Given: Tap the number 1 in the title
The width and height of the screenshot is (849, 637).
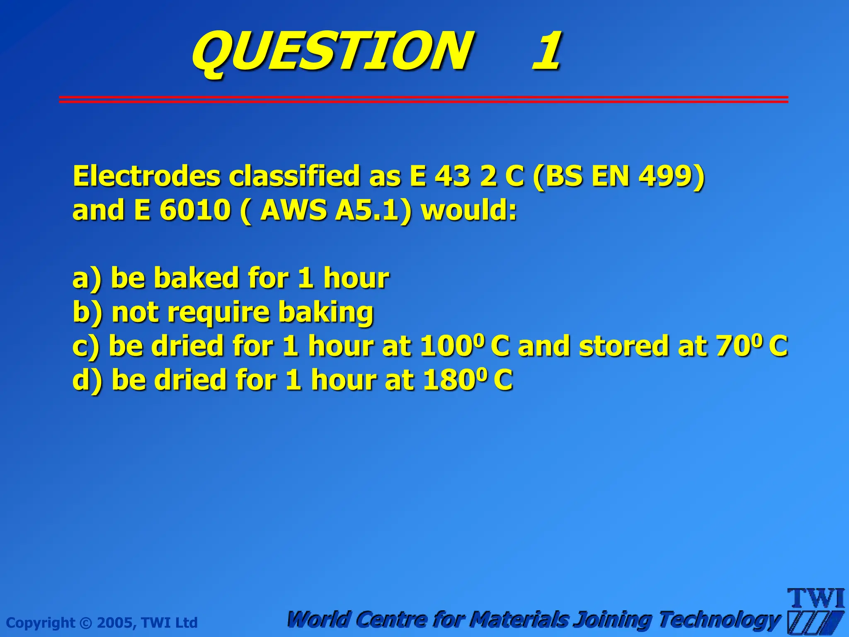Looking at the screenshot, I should click(547, 52).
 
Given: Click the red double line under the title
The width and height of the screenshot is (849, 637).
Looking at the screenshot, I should click(423, 99).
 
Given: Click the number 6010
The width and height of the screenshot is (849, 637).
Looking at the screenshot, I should click(194, 210).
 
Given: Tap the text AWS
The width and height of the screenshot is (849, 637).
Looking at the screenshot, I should click(293, 210).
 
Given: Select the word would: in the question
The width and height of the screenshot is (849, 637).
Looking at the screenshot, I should click(469, 210).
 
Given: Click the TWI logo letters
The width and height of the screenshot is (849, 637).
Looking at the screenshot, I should click(816, 598).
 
